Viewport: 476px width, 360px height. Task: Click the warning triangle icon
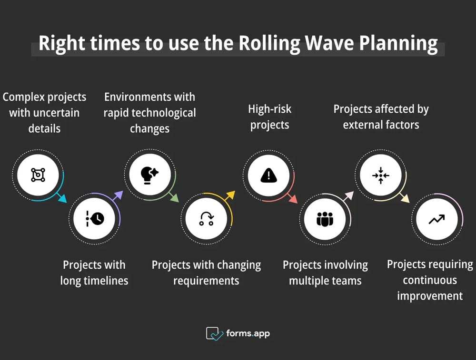tap(268, 175)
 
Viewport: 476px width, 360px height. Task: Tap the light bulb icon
tap(150, 175)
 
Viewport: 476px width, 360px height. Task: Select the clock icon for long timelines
tap(94, 218)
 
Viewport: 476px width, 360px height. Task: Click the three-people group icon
tap(325, 219)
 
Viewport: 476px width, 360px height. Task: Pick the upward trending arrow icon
tap(436, 219)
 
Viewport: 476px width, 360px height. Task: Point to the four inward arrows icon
tap(381, 175)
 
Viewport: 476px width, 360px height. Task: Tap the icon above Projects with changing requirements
tap(206, 219)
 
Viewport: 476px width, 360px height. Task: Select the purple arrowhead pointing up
tap(119, 195)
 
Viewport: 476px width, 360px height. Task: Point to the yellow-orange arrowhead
tap(231, 195)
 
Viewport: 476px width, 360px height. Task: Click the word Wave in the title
tap(329, 43)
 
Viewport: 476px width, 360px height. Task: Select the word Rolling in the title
tap(269, 43)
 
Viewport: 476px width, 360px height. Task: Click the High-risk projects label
tap(269, 117)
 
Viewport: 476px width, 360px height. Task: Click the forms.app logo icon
tap(215, 333)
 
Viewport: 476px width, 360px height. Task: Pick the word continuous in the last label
tap(430, 280)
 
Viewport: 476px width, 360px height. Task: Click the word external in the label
tap(363, 125)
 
